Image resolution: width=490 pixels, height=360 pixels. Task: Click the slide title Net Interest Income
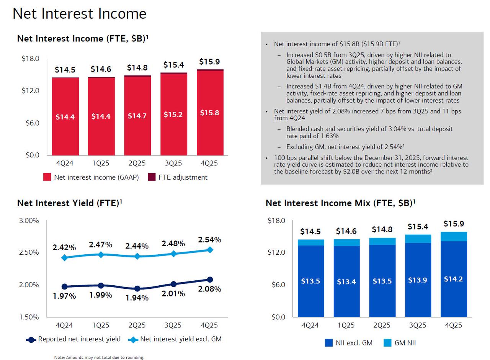pos(79,14)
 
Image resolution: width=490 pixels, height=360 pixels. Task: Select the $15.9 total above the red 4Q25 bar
pos(209,62)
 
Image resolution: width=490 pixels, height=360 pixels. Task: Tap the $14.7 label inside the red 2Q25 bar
pos(137,116)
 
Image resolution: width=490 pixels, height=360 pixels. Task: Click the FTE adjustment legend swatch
pos(152,177)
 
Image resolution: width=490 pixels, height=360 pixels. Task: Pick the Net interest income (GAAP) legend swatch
pos(47,177)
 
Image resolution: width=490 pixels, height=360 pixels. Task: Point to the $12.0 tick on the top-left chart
pos(30,91)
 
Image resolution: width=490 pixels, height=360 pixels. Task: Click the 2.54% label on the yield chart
pos(209,240)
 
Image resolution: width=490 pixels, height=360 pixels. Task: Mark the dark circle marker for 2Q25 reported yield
pos(137,289)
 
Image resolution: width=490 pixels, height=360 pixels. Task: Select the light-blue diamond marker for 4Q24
pos(64,258)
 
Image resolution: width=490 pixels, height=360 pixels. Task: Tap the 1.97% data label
pos(64,296)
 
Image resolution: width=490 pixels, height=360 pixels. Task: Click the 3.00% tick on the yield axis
pos(29,221)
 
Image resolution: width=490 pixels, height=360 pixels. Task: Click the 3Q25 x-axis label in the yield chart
pos(173,325)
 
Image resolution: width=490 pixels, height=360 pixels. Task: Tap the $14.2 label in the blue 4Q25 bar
pos(453,279)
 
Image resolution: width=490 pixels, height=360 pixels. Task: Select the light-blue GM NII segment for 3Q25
pos(418,239)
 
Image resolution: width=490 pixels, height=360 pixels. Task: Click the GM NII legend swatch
pos(387,343)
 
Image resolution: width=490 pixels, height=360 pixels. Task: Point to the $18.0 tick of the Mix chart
pos(276,221)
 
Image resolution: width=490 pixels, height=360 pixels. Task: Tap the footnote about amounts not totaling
pos(99,357)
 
